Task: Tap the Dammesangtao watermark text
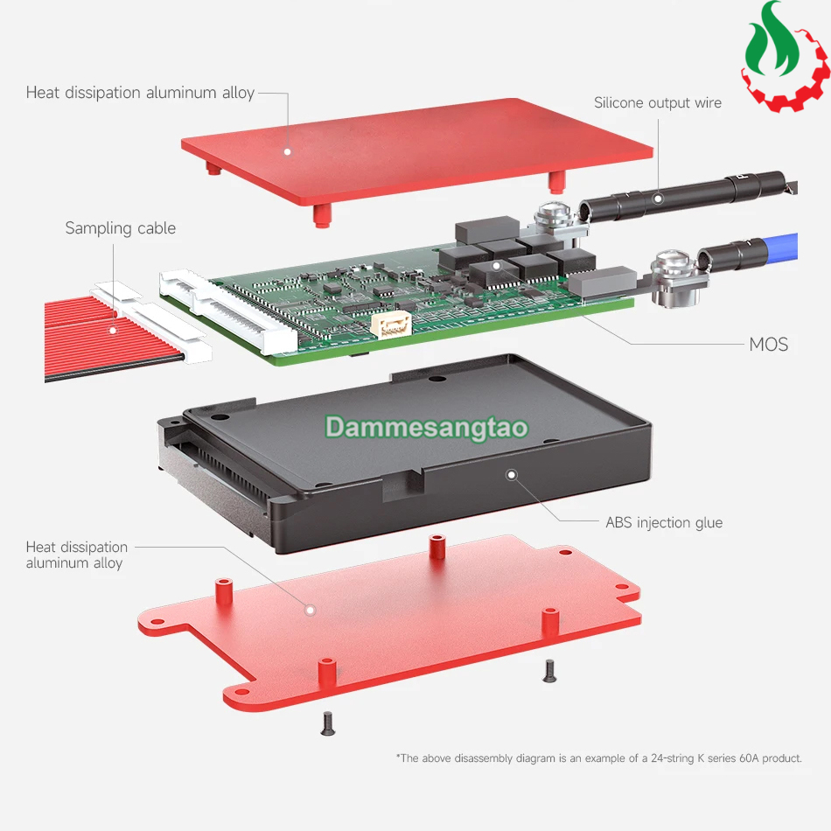[427, 428]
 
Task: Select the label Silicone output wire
[658, 103]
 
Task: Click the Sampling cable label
[121, 228]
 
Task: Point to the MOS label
[769, 345]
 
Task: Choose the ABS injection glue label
[664, 522]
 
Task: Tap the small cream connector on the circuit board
[392, 325]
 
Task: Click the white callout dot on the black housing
[512, 474]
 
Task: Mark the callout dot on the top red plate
[287, 152]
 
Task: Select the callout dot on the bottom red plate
[311, 610]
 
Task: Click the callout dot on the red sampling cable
[113, 331]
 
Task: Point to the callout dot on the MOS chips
[496, 266]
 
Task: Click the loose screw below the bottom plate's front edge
[328, 723]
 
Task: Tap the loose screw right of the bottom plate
[549, 671]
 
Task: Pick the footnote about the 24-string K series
[599, 758]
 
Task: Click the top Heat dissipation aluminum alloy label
[141, 93]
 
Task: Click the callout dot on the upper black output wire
[658, 199]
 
